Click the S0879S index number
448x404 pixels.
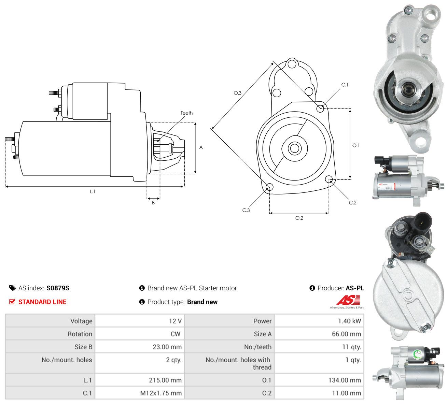click(x=58, y=288)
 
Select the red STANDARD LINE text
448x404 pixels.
click(x=42, y=302)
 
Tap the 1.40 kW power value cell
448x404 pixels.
click(x=319, y=321)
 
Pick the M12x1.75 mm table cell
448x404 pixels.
click(x=140, y=393)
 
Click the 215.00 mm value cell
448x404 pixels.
click(x=140, y=380)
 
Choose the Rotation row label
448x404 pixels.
click(x=80, y=334)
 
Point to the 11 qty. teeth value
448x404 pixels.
click(x=351, y=347)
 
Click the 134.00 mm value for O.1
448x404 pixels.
click(x=345, y=380)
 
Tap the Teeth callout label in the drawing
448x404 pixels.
click(x=186, y=113)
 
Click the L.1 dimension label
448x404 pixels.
click(x=93, y=191)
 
